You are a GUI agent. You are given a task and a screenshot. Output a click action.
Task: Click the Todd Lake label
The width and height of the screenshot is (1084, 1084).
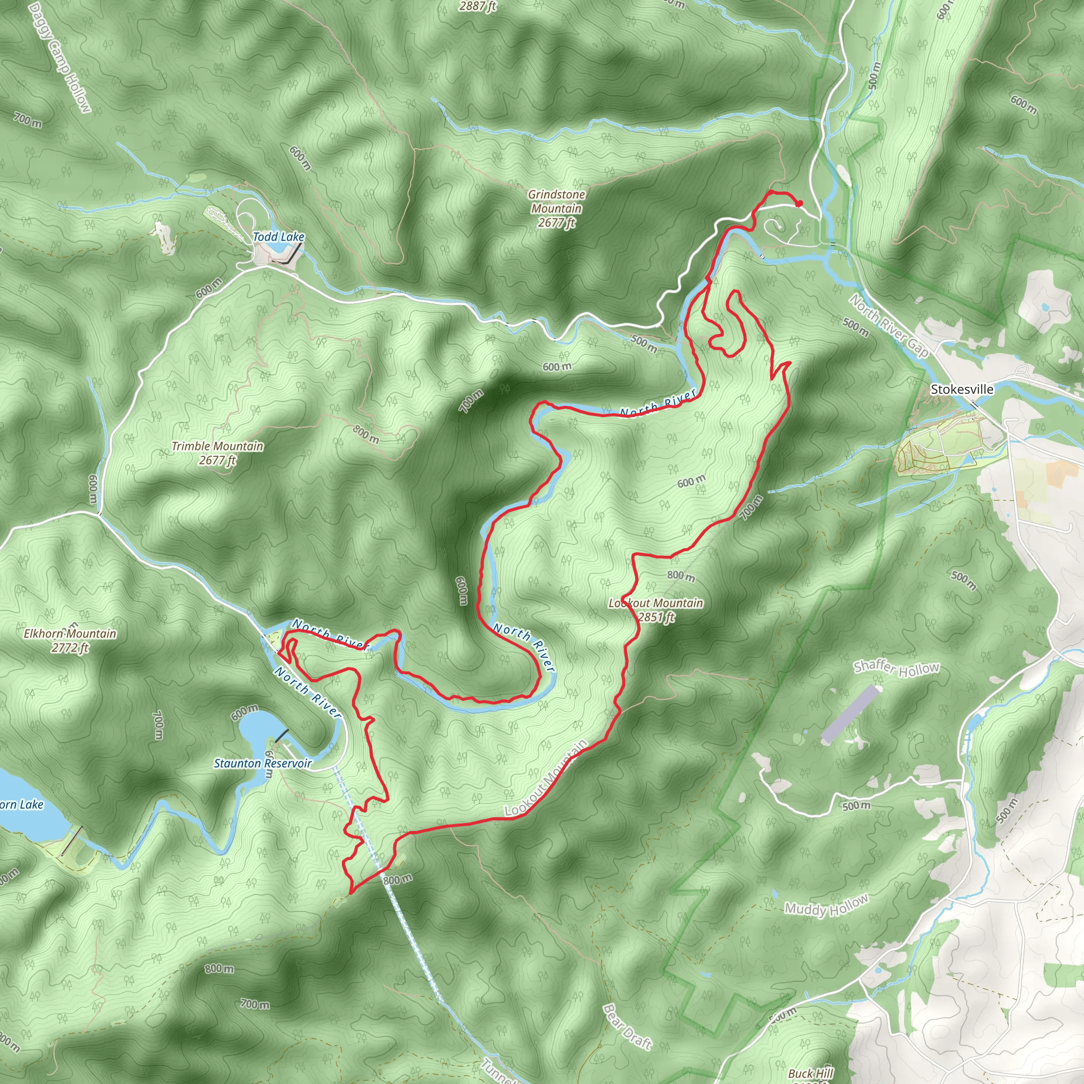pos(278,237)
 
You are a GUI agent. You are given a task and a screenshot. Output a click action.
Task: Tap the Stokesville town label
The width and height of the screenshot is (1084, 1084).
pos(962,390)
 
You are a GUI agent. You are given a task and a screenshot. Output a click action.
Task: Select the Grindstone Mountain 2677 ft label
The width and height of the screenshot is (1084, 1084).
pos(557,209)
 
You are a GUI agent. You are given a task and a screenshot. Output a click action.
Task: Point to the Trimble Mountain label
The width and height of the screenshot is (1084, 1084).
pos(217,453)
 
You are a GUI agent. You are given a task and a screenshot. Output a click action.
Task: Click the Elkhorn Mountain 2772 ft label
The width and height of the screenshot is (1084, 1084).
pos(70,640)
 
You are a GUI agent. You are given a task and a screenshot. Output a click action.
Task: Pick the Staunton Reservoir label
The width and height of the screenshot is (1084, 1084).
pos(262,764)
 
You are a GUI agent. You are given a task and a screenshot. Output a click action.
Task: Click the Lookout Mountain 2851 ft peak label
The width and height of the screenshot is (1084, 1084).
pos(656,610)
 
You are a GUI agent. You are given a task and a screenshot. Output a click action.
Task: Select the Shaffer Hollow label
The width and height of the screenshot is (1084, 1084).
pos(896,669)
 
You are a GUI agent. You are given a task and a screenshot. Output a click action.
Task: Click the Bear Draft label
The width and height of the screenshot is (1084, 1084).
pos(627,1010)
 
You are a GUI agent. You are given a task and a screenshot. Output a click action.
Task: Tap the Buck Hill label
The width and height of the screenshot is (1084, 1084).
pos(810,1073)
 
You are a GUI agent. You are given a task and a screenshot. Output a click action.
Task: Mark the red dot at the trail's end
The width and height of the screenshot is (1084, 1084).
pos(800,204)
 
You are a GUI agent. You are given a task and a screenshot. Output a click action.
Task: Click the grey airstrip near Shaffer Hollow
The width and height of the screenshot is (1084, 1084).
pos(850,714)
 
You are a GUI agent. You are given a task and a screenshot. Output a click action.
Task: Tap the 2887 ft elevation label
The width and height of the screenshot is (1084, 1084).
pos(477,7)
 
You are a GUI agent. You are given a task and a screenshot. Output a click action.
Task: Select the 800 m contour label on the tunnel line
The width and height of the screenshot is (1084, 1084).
pos(398,879)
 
